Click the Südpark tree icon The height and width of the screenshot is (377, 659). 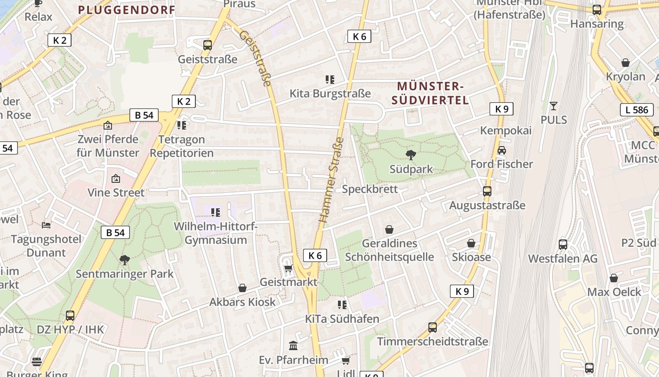(x=411, y=155)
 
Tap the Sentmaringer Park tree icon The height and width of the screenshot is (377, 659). (x=125, y=260)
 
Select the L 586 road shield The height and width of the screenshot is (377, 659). (x=637, y=110)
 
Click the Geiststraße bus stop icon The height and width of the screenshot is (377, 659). (x=208, y=45)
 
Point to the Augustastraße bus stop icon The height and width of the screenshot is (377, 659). (x=487, y=191)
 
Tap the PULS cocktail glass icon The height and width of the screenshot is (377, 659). (x=554, y=106)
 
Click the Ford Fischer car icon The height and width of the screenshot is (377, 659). (x=502, y=150)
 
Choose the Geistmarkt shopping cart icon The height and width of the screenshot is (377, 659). (x=288, y=268)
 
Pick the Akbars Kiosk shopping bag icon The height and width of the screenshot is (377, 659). (x=242, y=287)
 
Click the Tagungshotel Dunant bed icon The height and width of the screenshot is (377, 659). (x=46, y=225)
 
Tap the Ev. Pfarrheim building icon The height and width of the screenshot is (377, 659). (x=293, y=346)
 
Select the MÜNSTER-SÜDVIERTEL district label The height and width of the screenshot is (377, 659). (x=430, y=93)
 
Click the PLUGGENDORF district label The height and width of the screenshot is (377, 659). (x=127, y=9)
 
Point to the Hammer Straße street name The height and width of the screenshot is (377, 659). (x=331, y=180)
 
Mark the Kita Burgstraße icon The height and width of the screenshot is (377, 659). (x=329, y=80)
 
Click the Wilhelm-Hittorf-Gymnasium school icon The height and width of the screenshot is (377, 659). (x=216, y=213)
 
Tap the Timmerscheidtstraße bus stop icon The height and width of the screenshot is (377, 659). (x=433, y=327)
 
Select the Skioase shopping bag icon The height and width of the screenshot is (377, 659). (x=471, y=243)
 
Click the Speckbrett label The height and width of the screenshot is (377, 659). (x=370, y=189)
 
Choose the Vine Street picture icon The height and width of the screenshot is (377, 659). (x=116, y=179)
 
